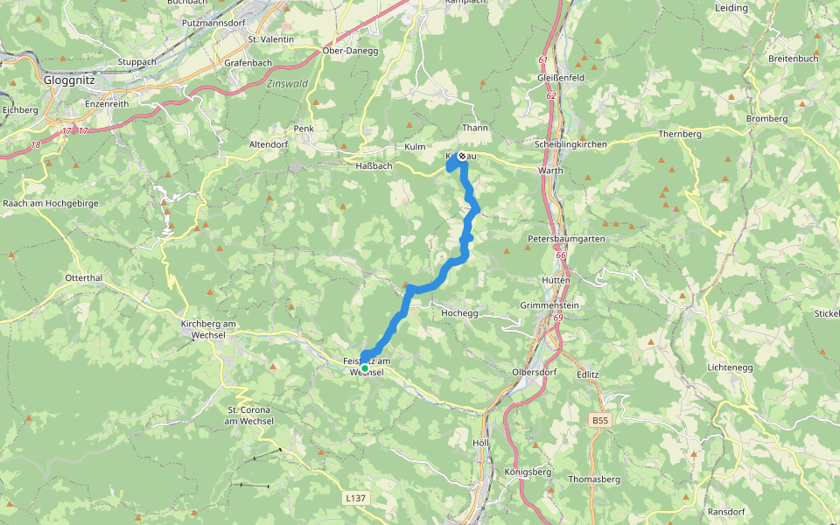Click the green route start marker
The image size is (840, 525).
pyautogui.click(x=365, y=368)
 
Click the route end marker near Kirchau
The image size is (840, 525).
pyautogui.click(x=461, y=157)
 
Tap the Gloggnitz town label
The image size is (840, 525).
pyautogui.click(x=69, y=79)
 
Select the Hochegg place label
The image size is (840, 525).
pyautogui.click(x=459, y=312)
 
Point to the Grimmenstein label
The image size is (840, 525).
pyautogui.click(x=549, y=305)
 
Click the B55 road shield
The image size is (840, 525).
pyautogui.click(x=599, y=421)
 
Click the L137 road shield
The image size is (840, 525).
pyautogui.click(x=355, y=498)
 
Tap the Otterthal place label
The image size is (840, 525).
pyautogui.click(x=84, y=277)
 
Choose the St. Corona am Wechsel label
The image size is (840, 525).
pyautogui.click(x=250, y=416)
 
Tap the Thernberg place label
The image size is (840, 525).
pyautogui.click(x=680, y=135)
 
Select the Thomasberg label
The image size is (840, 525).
pyautogui.click(x=594, y=479)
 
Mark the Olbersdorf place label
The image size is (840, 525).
pyautogui.click(x=535, y=372)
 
